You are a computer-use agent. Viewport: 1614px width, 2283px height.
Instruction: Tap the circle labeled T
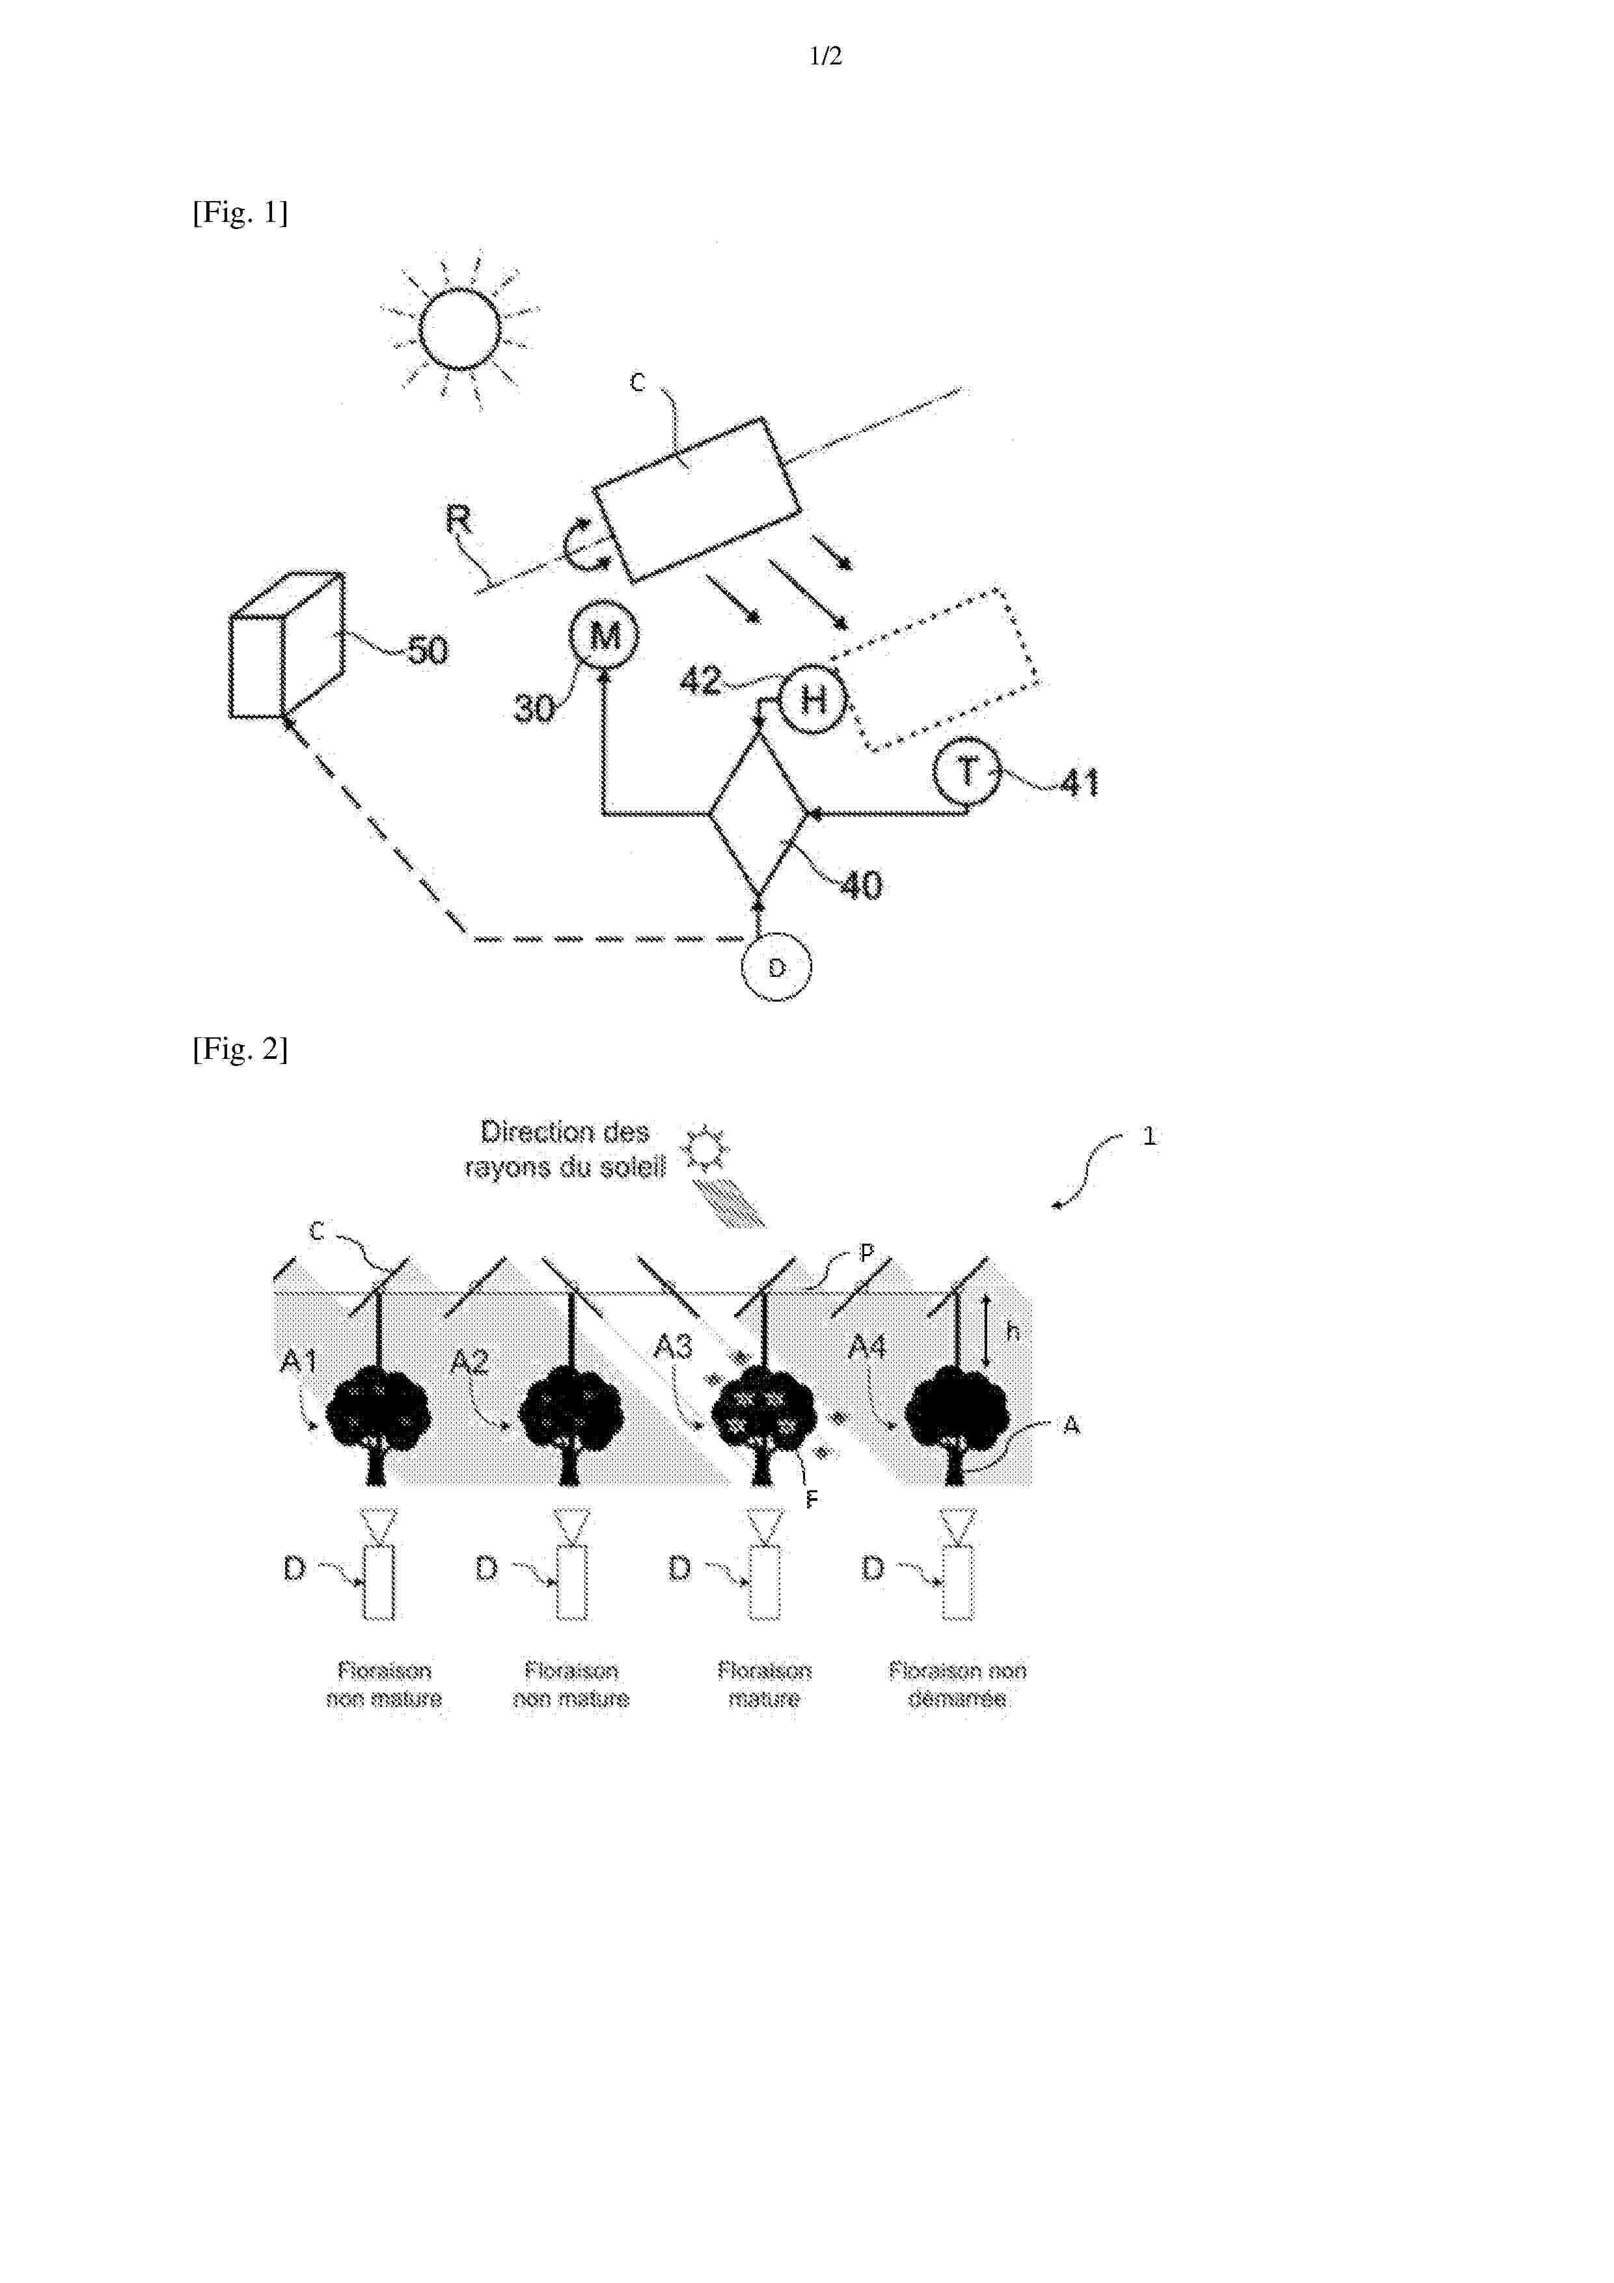(966, 772)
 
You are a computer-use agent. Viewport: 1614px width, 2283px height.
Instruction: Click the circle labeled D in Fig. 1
(776, 966)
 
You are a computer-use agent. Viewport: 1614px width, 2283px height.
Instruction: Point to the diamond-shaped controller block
(759, 814)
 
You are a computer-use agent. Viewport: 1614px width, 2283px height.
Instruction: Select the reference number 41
(1079, 784)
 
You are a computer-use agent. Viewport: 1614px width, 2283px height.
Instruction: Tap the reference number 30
(534, 708)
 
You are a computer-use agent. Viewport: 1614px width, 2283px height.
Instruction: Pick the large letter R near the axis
(458, 519)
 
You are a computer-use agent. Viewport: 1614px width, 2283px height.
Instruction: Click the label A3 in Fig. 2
(672, 1347)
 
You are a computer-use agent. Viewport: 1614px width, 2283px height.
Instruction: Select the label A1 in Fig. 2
(297, 1360)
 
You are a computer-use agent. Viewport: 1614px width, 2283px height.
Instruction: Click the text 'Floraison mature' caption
(764, 1684)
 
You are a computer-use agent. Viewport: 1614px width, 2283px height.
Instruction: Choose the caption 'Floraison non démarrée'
(957, 1684)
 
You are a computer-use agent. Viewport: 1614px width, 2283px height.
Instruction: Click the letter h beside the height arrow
(1013, 1330)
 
